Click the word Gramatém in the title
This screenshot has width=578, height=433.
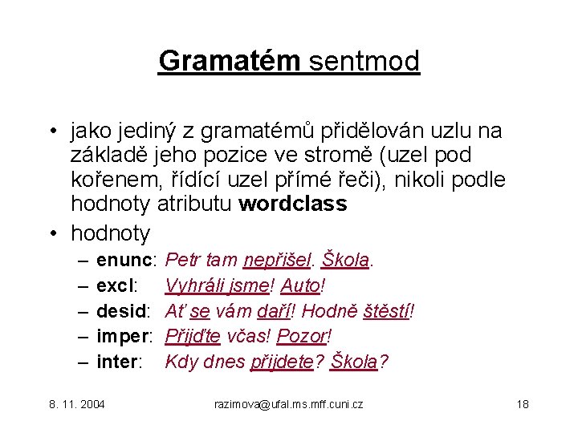(x=230, y=60)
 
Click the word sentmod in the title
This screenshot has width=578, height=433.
(x=364, y=60)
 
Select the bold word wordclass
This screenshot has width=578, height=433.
(x=293, y=204)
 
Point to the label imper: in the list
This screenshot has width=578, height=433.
(x=127, y=336)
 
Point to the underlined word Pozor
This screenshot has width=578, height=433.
(x=304, y=336)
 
